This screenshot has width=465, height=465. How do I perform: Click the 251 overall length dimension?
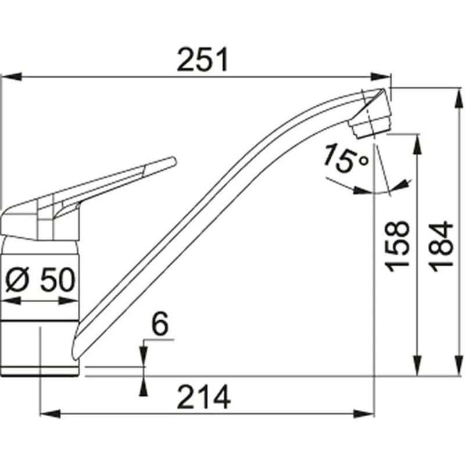pos(202,59)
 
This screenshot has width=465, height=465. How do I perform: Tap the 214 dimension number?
pos(203,397)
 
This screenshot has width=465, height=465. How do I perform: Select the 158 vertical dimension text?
pos(397,246)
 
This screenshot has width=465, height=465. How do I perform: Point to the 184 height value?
pos(441,246)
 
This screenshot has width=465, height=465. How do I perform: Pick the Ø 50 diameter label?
pos(40,280)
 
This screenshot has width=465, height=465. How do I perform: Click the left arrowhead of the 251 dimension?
pos(11,77)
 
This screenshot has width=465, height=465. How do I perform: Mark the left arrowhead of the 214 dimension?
pos(50,414)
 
